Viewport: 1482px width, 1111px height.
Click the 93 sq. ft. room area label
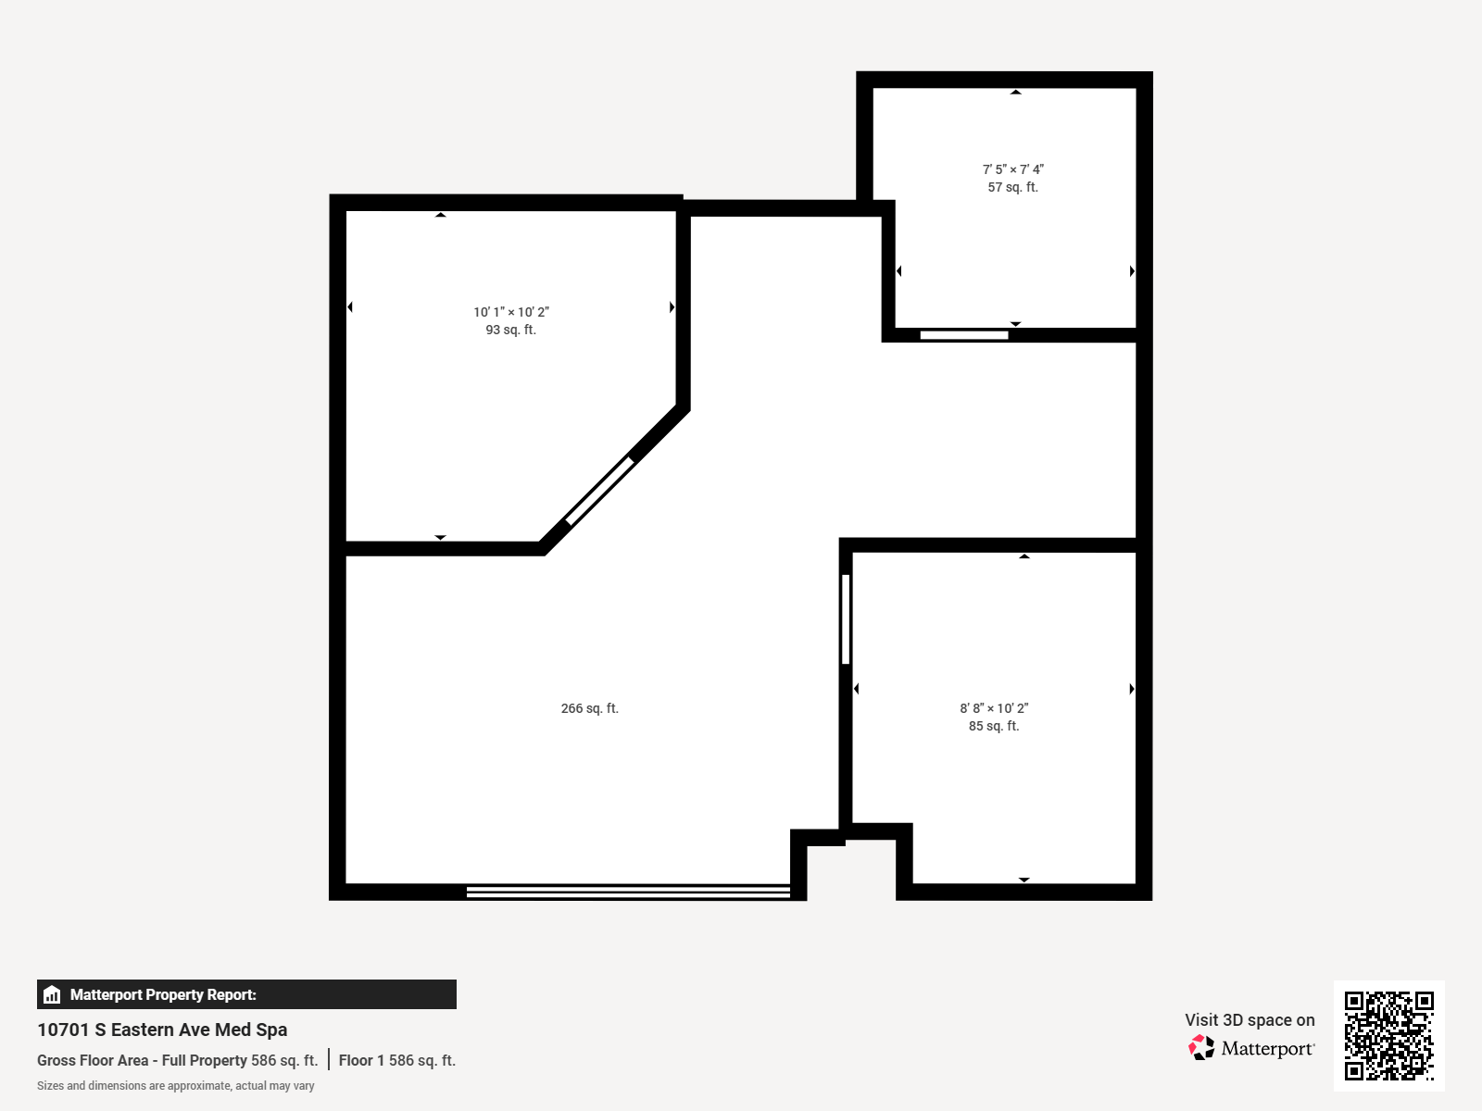pyautogui.click(x=510, y=331)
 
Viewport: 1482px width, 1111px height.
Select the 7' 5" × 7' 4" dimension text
pyautogui.click(x=1012, y=169)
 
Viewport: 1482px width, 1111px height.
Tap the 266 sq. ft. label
pyautogui.click(x=589, y=708)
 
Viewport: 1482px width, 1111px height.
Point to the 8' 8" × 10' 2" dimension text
pyautogui.click(x=994, y=708)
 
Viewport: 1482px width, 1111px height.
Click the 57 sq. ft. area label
pyautogui.click(x=1012, y=187)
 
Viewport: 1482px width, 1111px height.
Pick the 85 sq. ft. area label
pyautogui.click(x=994, y=726)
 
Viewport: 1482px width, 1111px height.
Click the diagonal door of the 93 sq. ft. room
pyautogui.click(x=599, y=491)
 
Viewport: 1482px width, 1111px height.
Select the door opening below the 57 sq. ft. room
pyautogui.click(x=963, y=335)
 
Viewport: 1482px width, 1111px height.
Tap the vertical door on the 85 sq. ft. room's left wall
pyautogui.click(x=846, y=618)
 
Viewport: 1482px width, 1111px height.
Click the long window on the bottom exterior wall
pyautogui.click(x=628, y=892)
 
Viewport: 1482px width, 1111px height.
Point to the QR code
pyautogui.click(x=1388, y=1035)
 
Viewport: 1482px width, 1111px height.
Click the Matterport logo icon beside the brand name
pyautogui.click(x=1201, y=1048)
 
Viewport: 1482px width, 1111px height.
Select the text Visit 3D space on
pyautogui.click(x=1250, y=1020)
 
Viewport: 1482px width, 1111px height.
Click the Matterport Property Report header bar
pyautogui.click(x=246, y=994)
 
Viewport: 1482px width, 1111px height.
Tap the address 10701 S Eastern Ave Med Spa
pyautogui.click(x=162, y=1030)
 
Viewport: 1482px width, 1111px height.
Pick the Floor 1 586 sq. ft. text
pyautogui.click(x=396, y=1060)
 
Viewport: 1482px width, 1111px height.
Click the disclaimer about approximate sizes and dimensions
pyautogui.click(x=175, y=1086)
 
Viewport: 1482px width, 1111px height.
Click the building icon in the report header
pyautogui.click(x=52, y=994)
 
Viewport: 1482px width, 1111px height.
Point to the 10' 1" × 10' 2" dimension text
pyautogui.click(x=510, y=312)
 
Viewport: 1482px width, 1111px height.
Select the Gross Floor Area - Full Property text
pyautogui.click(x=142, y=1060)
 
